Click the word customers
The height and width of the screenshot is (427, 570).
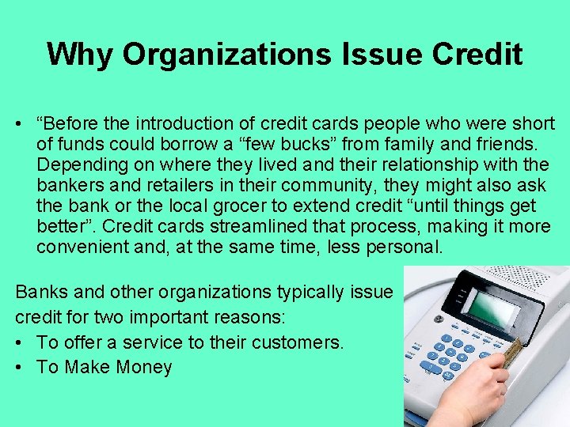300,342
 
